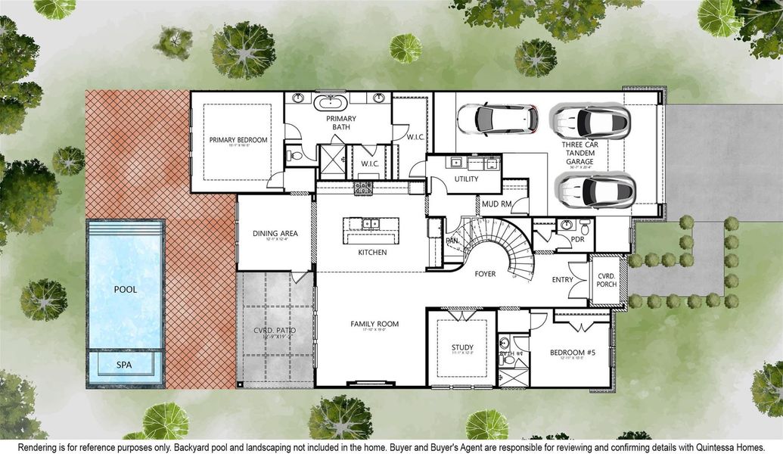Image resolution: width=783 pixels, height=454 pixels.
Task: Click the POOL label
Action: coord(125,290)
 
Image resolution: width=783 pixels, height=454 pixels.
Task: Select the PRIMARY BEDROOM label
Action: coord(238,140)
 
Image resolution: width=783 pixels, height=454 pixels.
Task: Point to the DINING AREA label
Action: coord(275,233)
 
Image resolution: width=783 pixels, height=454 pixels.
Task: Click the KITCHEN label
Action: coord(372,252)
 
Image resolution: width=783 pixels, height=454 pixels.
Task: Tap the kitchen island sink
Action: coord(370,224)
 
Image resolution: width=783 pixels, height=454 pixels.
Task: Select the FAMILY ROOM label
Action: coord(374,324)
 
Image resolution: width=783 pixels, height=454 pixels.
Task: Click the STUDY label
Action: coord(462,348)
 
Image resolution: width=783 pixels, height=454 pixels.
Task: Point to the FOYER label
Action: coord(485,274)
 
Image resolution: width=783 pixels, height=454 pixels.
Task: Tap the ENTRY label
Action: coord(562,280)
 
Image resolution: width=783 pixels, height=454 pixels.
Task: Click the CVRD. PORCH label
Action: coord(606,279)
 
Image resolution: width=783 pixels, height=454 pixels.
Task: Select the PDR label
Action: coord(579,239)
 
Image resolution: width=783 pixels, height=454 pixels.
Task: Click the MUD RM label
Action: coord(497,204)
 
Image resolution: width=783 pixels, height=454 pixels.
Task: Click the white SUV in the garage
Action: coord(497,118)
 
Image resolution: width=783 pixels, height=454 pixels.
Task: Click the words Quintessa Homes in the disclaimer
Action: coord(727,446)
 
